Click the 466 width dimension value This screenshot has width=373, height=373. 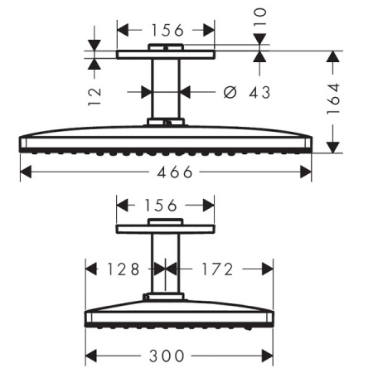coord(175,172)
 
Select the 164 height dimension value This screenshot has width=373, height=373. coord(333,99)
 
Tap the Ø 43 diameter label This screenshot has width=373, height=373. coord(246,92)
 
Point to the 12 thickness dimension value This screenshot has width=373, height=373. coord(94,97)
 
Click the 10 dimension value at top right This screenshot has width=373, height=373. coord(260,17)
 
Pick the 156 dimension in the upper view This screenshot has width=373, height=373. coord(167,30)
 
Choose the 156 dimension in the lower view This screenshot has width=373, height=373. coord(161,206)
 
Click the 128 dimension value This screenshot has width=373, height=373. coord(124,269)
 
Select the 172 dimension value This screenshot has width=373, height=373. coord(218,269)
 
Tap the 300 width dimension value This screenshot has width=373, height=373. coord(167,356)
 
